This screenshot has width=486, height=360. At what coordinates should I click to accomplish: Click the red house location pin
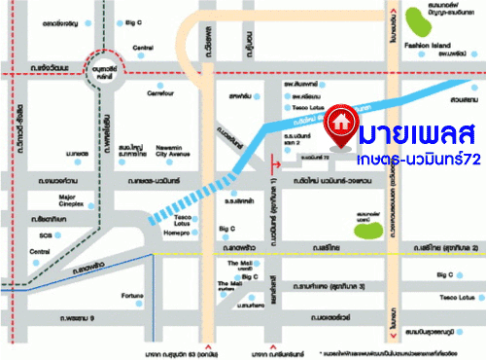339,123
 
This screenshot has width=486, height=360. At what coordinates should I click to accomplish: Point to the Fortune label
133,297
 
